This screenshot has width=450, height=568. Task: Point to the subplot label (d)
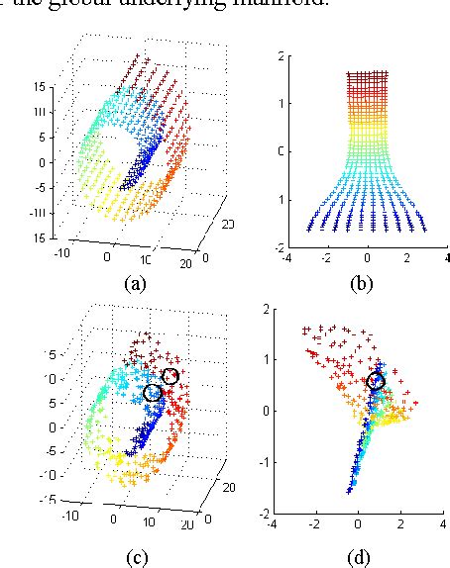361,557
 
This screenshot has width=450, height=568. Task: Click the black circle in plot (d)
376,382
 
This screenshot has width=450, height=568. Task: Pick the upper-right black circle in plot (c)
171,377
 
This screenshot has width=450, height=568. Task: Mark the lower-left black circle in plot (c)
152,393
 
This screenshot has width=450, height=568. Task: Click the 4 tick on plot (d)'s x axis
441,524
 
